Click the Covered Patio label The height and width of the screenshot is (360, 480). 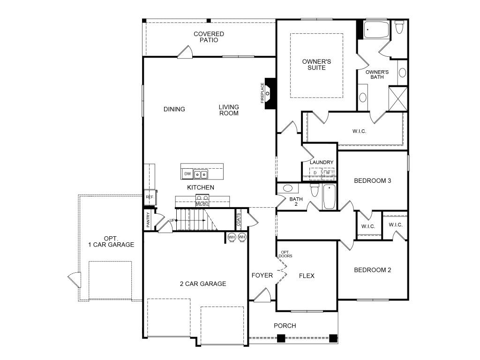pyautogui.click(x=209, y=37)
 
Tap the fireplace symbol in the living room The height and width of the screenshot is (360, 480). pyautogui.click(x=270, y=93)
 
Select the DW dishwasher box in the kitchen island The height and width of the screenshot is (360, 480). pyautogui.click(x=187, y=173)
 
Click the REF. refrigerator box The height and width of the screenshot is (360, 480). pyautogui.click(x=150, y=197)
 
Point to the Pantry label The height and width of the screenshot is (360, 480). pyautogui.click(x=148, y=219)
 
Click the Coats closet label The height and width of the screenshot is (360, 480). pyautogui.click(x=239, y=219)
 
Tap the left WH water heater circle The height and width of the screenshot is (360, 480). pyautogui.click(x=232, y=237)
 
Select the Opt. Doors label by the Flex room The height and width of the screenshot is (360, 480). pyautogui.click(x=285, y=254)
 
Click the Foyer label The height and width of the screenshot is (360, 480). pyautogui.click(x=262, y=276)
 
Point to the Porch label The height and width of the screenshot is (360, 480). pyautogui.click(x=285, y=326)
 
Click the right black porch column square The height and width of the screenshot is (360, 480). pyautogui.click(x=333, y=338)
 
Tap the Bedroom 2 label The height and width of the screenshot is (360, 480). pyautogui.click(x=373, y=270)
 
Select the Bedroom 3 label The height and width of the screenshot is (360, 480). pyautogui.click(x=373, y=180)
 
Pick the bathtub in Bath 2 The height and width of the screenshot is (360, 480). pyautogui.click(x=330, y=196)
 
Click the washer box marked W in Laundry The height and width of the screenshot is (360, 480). pyautogui.click(x=328, y=172)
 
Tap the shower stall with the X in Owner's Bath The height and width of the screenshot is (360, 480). pyautogui.click(x=398, y=99)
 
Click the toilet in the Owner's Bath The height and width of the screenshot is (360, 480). pyautogui.click(x=399, y=27)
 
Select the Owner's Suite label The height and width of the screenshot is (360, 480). pyautogui.click(x=316, y=65)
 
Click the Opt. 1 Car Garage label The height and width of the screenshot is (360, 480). pyautogui.click(x=111, y=241)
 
